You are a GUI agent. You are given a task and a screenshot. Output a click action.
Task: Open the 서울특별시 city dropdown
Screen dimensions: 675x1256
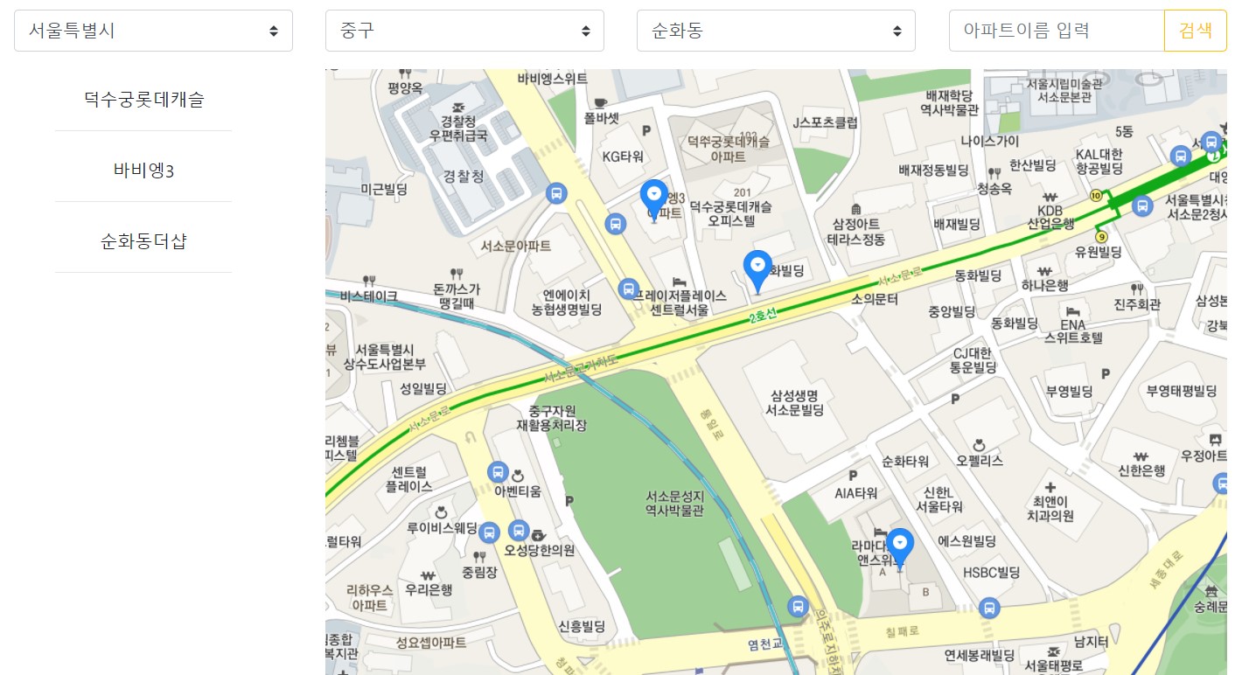[153, 31]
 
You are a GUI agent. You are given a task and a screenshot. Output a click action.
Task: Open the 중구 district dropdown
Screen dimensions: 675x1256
[464, 31]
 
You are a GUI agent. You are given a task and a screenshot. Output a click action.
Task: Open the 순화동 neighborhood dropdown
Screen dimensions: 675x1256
[776, 31]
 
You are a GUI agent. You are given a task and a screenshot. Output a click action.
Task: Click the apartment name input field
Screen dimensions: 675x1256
[1056, 31]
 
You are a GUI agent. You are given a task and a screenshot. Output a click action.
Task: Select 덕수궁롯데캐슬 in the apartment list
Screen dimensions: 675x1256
[143, 99]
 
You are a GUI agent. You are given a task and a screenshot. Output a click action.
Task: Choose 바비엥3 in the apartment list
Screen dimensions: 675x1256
[143, 170]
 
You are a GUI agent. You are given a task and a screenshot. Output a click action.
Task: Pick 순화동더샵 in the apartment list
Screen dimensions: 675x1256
[143, 240]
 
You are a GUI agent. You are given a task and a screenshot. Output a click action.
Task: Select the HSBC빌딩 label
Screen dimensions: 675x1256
[991, 573]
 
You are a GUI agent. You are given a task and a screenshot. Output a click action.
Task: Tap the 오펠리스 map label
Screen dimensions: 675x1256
[980, 460]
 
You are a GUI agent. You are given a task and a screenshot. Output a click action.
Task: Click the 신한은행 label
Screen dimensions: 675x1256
[1141, 470]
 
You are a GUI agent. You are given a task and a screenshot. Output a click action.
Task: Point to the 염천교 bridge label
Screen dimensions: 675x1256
[764, 644]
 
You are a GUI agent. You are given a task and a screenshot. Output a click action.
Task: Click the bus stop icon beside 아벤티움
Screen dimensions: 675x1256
[498, 472]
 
